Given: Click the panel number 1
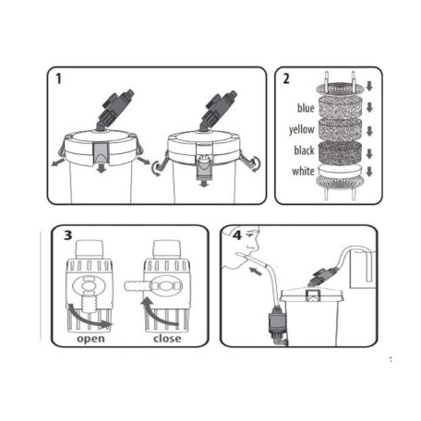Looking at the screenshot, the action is (x=58, y=78).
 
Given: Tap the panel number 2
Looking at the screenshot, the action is (x=286, y=78).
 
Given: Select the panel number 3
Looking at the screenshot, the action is (x=67, y=235).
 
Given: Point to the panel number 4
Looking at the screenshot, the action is (x=237, y=235).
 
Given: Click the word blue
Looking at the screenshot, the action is (x=306, y=108).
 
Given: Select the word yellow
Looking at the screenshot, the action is (x=302, y=129).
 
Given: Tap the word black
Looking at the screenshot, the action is (x=304, y=150).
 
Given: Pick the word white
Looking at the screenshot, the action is (x=303, y=171).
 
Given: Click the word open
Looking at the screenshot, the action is (x=90, y=339).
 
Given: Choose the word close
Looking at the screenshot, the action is (x=167, y=339).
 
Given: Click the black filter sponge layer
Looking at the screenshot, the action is (x=340, y=151).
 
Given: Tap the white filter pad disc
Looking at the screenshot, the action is (x=340, y=170).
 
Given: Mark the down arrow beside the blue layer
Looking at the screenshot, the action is (x=369, y=108).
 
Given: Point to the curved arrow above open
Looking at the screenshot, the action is (x=89, y=318).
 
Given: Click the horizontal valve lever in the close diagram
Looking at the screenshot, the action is (x=138, y=286).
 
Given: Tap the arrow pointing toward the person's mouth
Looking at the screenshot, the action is (x=257, y=271).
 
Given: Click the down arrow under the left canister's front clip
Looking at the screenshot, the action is (x=102, y=169).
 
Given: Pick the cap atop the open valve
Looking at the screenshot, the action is (x=89, y=249).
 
